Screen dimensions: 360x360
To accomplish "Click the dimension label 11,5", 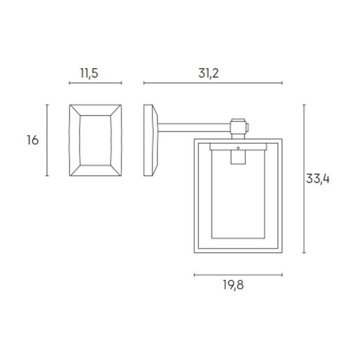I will click(x=89, y=73).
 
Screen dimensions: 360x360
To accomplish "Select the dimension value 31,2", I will click(x=208, y=73).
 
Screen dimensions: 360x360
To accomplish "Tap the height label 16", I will click(x=32, y=140).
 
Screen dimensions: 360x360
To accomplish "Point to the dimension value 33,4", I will click(x=318, y=179).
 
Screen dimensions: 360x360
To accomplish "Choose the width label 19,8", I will click(x=233, y=285).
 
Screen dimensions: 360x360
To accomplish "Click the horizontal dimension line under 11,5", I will click(x=95, y=83).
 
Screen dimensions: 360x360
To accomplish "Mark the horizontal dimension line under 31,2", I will click(x=213, y=83).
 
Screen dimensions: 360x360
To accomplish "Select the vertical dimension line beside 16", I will click(x=47, y=140).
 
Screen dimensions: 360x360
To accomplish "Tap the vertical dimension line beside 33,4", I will click(x=304, y=179).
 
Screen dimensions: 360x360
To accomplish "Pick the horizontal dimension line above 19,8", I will click(x=238, y=274).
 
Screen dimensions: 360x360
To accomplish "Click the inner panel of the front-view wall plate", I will click(x=95, y=140).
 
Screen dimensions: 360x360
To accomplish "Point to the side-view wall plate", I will click(x=150, y=140).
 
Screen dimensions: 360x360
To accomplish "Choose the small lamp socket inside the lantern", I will click(x=238, y=157).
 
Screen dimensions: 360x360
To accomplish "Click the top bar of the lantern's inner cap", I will click(x=238, y=147).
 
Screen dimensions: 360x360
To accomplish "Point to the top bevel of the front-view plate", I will click(x=95, y=110).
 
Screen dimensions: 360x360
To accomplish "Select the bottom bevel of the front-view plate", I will click(x=95, y=171).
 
